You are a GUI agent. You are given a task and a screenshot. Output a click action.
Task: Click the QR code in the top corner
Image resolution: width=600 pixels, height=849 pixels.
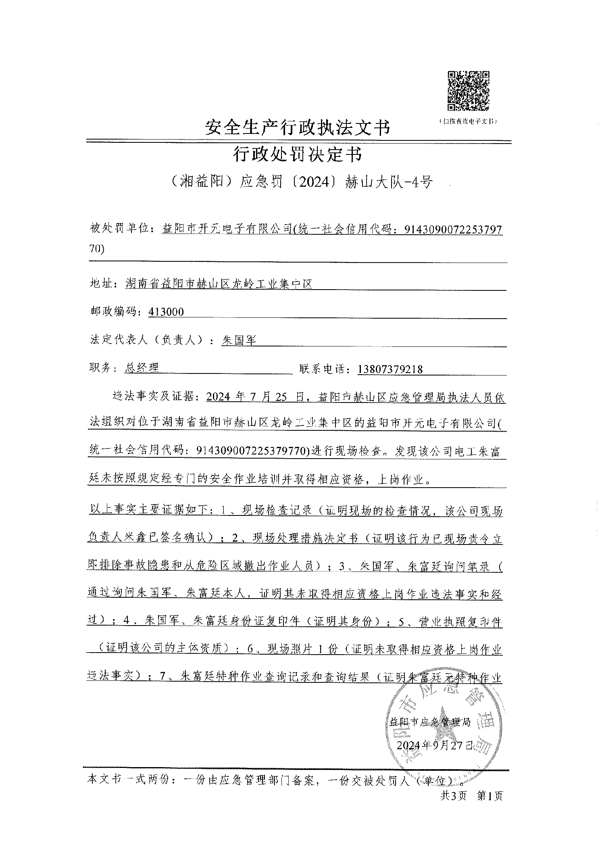(468, 91)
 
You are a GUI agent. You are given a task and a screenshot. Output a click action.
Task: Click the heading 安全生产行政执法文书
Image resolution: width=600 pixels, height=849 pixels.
(298, 127)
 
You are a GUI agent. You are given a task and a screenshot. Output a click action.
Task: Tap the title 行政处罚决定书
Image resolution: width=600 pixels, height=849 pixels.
(298, 154)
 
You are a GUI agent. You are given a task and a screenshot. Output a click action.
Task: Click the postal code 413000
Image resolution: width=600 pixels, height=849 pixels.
(166, 312)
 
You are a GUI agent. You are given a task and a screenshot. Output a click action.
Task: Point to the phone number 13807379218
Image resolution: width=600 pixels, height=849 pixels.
(390, 369)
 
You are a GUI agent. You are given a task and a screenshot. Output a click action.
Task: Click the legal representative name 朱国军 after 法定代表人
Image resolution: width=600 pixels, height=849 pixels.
(239, 340)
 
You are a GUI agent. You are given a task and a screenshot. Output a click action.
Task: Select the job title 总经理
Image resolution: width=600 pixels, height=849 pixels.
(142, 368)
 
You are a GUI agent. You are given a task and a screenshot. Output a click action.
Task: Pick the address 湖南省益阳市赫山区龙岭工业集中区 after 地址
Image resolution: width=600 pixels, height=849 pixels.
(219, 284)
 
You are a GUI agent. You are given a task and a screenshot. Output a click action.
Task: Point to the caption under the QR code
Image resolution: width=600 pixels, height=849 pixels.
(468, 121)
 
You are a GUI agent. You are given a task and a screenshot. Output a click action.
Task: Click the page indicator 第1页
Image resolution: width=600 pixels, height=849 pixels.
(490, 796)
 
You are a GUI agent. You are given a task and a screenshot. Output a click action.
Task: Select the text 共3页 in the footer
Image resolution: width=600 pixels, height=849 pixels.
(454, 796)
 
